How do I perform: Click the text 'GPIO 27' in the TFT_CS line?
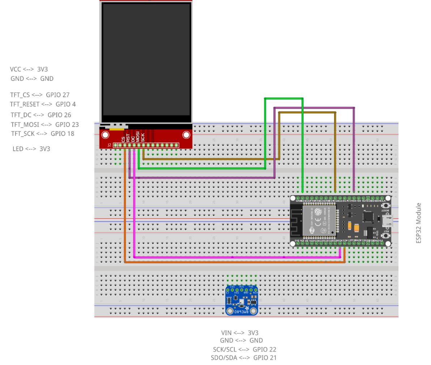click(x=58, y=95)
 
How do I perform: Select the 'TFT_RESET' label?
click(x=24, y=104)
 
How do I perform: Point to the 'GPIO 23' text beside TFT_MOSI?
click(x=67, y=125)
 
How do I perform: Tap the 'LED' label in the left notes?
click(x=18, y=149)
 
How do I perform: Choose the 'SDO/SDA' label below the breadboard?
click(x=224, y=358)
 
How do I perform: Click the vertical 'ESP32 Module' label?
click(x=419, y=223)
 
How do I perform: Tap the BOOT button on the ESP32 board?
click(x=386, y=205)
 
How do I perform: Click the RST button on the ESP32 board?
click(x=386, y=236)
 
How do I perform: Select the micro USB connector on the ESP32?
click(x=388, y=220)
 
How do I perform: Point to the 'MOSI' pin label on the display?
click(x=138, y=136)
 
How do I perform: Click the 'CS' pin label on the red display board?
click(x=124, y=138)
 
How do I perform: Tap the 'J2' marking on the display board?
click(x=109, y=145)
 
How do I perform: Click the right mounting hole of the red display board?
click(x=186, y=135)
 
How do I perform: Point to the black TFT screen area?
click(x=146, y=63)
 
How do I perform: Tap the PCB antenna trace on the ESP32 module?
click(x=296, y=220)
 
